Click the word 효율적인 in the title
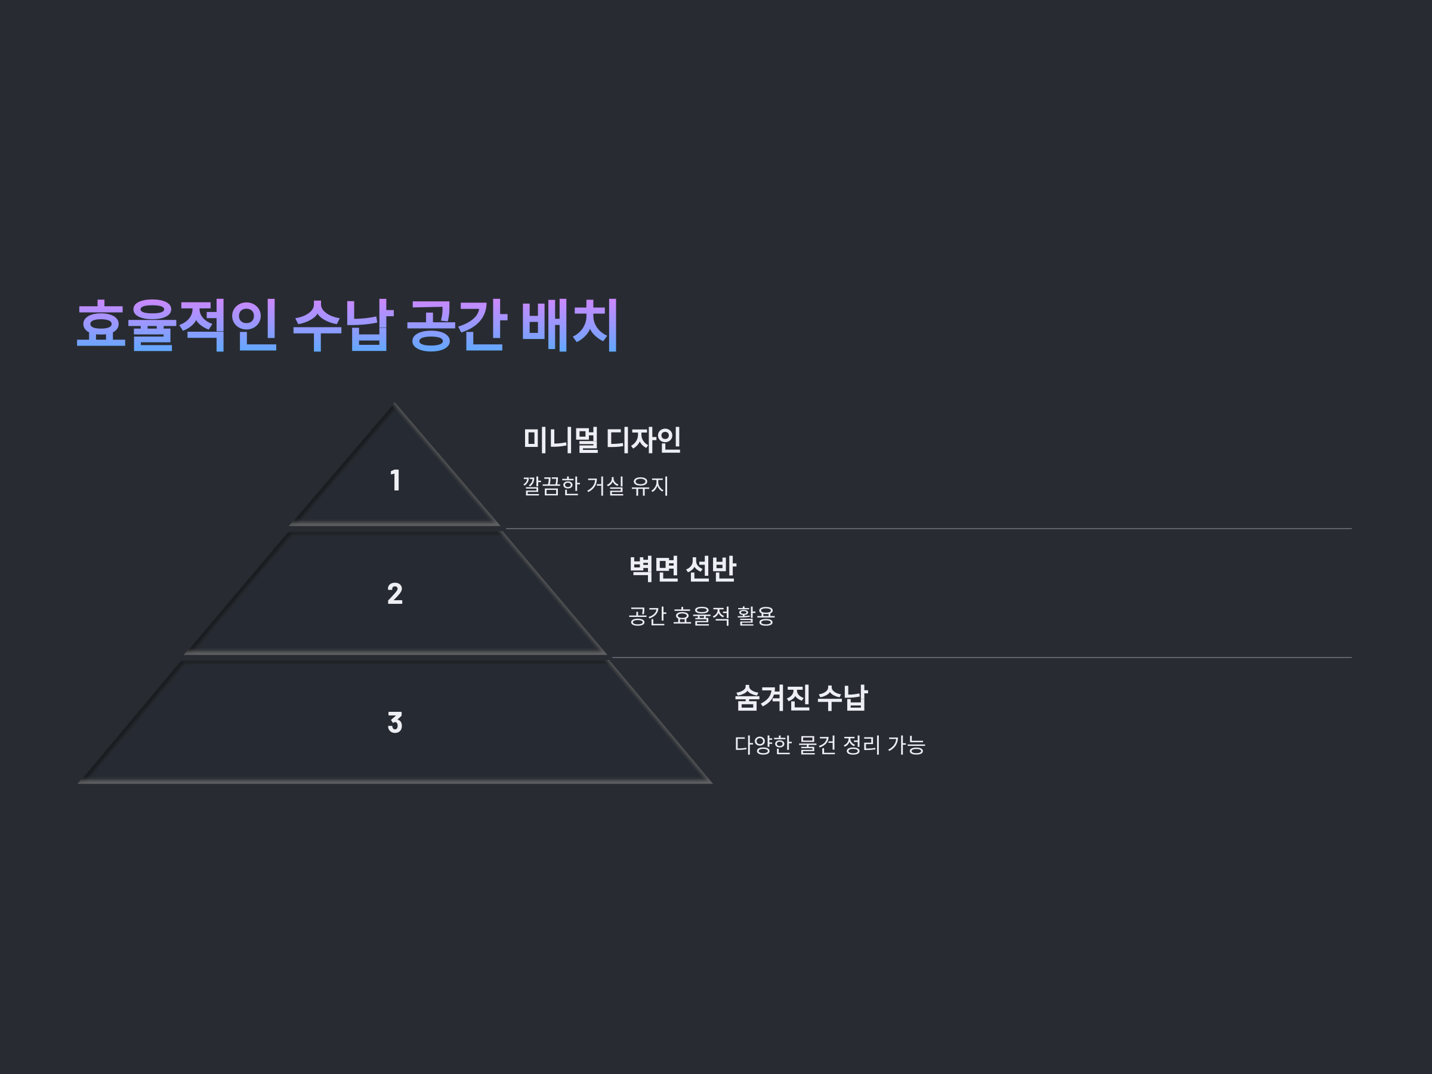tap(177, 325)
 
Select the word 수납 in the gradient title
tap(343, 325)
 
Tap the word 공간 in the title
tap(456, 325)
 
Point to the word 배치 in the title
tap(570, 325)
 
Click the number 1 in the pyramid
tap(395, 480)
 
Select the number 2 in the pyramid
tap(395, 594)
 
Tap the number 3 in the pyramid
tap(395, 723)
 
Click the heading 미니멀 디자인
tap(601, 440)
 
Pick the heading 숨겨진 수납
tap(801, 698)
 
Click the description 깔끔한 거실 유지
tap(595, 486)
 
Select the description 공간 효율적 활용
tap(701, 615)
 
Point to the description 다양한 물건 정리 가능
tap(829, 745)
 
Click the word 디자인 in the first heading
tap(643, 440)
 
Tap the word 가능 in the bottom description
tap(906, 745)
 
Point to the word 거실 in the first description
tap(604, 486)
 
